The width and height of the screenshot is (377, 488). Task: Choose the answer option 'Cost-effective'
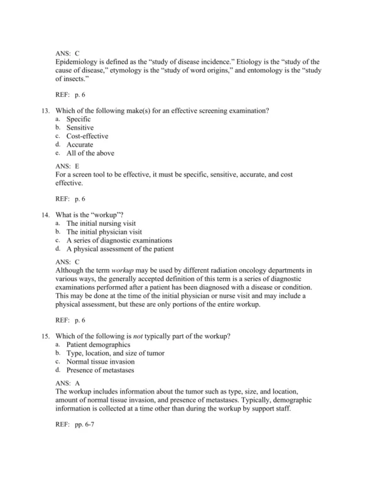87,136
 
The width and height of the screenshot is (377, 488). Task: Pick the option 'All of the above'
90,153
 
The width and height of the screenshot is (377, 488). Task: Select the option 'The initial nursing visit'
101,223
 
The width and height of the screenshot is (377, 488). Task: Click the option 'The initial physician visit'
104,231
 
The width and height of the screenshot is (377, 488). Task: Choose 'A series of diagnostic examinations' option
119,240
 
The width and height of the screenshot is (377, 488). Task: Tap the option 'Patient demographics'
99,345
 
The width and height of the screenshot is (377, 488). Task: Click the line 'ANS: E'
67,165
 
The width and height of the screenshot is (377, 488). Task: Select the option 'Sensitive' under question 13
80,128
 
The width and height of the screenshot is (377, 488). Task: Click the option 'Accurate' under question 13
80,145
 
